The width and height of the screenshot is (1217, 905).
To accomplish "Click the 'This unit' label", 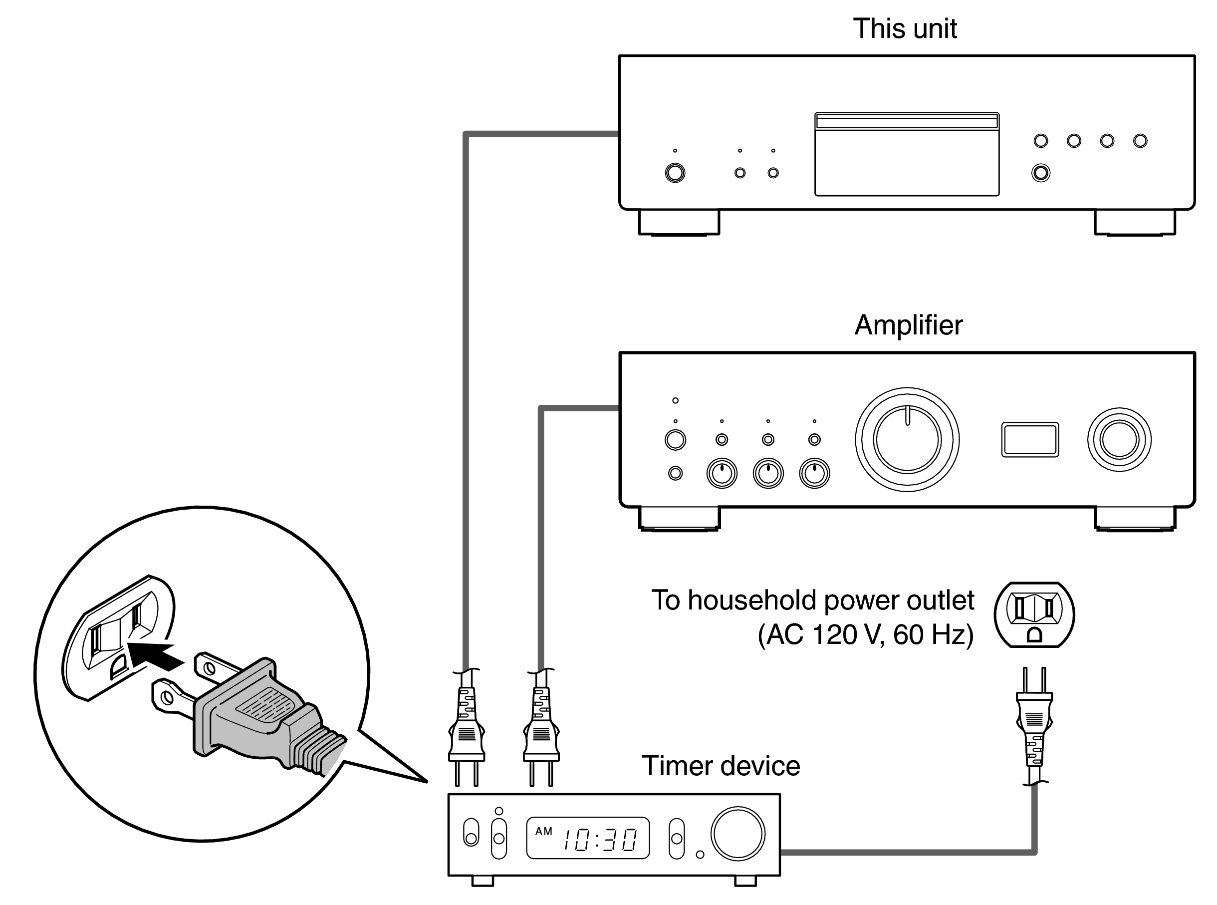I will point(905,28).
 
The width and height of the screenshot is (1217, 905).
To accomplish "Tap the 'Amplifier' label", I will point(908,325).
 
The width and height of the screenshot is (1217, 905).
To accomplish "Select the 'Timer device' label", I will point(720,766).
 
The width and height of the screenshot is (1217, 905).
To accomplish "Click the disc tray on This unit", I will point(906,154).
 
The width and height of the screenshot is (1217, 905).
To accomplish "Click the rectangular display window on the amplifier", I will point(1029,439).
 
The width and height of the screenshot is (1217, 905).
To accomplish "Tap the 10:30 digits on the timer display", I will point(599,839).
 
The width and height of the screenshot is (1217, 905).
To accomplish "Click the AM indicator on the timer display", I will point(543,831).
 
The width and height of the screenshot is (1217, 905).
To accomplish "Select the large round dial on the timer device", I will point(737,833).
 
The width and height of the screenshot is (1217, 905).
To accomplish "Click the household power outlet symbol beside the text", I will point(1033,614).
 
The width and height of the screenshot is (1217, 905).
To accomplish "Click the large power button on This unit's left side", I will point(675,173).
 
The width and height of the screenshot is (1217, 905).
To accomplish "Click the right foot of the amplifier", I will point(1134,519).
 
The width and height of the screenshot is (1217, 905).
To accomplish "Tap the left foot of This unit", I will point(679,223).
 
